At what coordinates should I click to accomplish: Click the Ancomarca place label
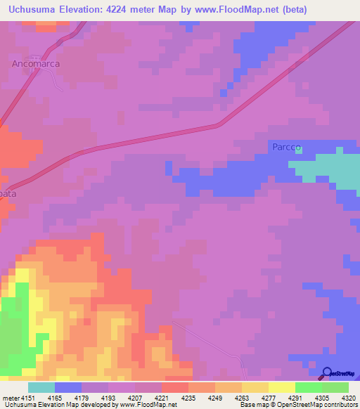click(x=35, y=63)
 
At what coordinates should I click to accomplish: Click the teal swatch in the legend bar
click(x=41, y=387)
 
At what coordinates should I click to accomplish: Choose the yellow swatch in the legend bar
click(x=281, y=387)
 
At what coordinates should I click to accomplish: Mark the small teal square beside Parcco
click(x=298, y=149)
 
